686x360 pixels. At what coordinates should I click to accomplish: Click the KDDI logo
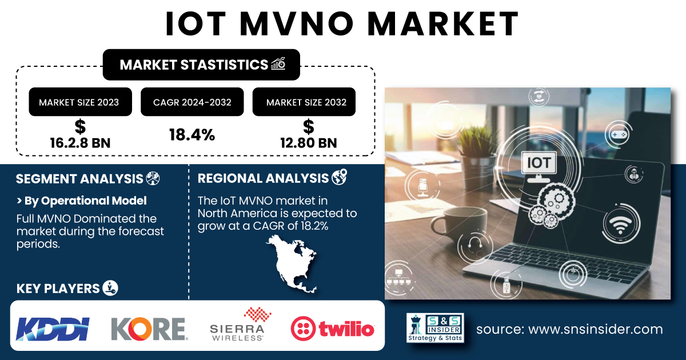(53, 329)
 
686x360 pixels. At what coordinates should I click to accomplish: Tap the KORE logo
(149, 329)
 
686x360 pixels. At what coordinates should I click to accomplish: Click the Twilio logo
(333, 329)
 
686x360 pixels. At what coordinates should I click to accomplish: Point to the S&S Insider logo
(435, 327)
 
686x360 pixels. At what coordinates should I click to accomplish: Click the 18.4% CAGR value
(192, 135)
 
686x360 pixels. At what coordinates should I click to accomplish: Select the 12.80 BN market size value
(308, 143)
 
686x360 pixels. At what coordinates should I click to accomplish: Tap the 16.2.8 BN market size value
(80, 143)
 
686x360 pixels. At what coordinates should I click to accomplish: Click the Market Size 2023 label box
(80, 102)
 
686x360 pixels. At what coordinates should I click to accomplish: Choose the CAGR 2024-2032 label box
(192, 102)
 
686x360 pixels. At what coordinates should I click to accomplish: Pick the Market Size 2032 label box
(304, 102)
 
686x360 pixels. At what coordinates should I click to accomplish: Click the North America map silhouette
(293, 264)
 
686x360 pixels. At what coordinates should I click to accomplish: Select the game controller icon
(619, 135)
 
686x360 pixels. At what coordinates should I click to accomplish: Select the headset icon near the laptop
(475, 246)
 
